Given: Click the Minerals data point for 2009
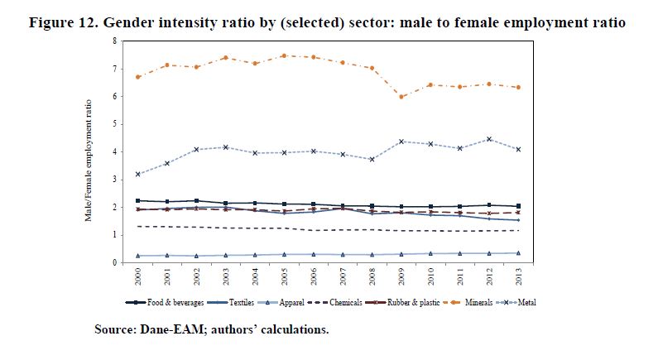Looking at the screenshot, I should point(401,97).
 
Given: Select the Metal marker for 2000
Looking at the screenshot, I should point(138,174).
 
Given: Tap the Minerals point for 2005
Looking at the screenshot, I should point(284,55).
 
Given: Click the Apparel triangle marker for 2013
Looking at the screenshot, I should point(518,253).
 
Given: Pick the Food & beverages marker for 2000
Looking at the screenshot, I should point(138,200).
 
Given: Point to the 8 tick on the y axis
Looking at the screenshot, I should point(115,41).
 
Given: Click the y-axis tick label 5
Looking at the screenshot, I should point(115,124).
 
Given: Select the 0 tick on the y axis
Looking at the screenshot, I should point(115,263).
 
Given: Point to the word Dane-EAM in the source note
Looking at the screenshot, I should point(166,330).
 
